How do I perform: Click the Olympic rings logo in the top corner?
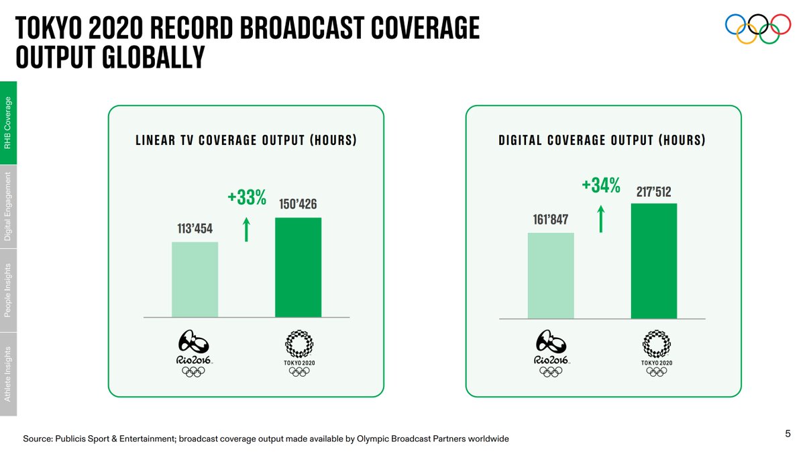(758, 29)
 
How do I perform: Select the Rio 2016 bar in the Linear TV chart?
(195, 279)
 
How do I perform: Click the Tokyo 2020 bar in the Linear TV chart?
(298, 267)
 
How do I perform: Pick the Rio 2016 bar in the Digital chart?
(551, 275)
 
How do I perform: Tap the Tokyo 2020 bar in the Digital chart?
(654, 260)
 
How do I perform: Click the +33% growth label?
(247, 197)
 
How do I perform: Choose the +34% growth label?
(601, 185)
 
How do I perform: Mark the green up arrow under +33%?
(246, 229)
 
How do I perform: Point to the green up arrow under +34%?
(601, 218)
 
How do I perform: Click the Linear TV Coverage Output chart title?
(246, 140)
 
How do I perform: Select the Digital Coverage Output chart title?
(602, 140)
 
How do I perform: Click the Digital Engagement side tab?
(8, 206)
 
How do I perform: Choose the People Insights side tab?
(8, 290)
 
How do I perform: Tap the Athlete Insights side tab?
(8, 374)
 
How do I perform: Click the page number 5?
(788, 434)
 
